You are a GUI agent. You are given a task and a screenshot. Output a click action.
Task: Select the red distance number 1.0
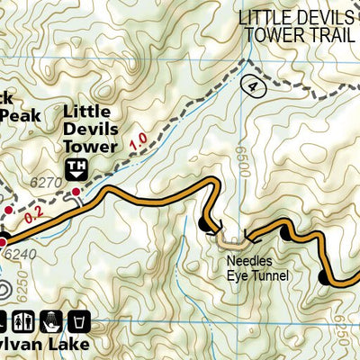coord(138,142)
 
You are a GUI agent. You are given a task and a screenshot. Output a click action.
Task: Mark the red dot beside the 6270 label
coord(77,192)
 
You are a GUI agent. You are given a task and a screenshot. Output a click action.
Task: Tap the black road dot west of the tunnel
coord(202,223)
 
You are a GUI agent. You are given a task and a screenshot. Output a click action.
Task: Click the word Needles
coord(249,263)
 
